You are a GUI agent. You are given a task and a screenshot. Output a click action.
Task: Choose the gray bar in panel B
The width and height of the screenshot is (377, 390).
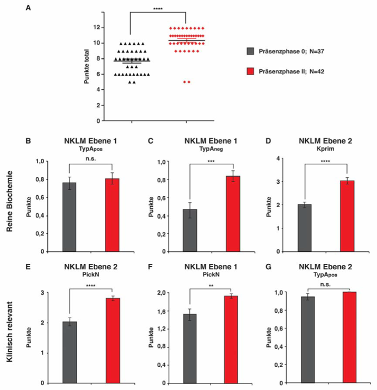[x=70, y=217]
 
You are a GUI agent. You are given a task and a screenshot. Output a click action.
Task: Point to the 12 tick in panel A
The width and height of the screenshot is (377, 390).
[x=98, y=28]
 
